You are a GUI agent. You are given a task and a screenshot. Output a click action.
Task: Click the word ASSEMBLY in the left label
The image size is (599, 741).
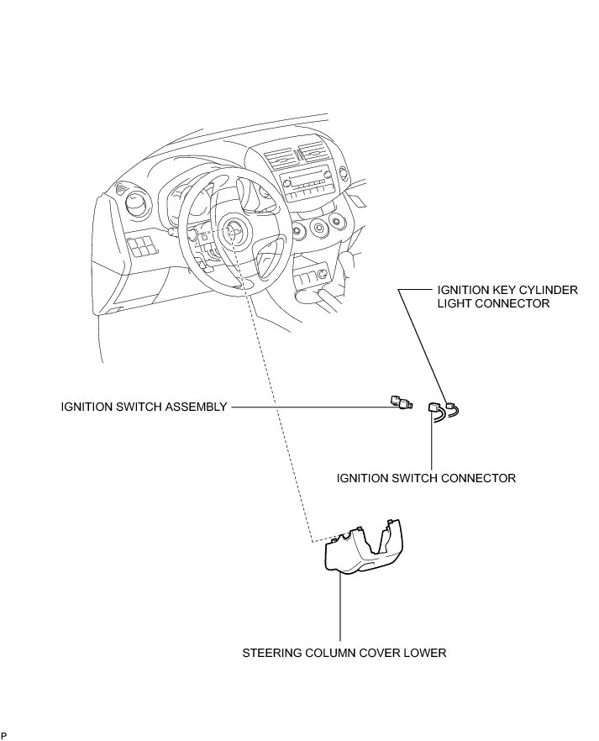click(198, 407)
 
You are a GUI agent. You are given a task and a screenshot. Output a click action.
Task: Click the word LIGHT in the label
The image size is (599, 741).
click(455, 303)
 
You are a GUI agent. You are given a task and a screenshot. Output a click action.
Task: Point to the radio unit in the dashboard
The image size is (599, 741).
click(306, 186)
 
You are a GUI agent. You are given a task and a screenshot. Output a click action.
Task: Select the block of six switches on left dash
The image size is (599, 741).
click(141, 247)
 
